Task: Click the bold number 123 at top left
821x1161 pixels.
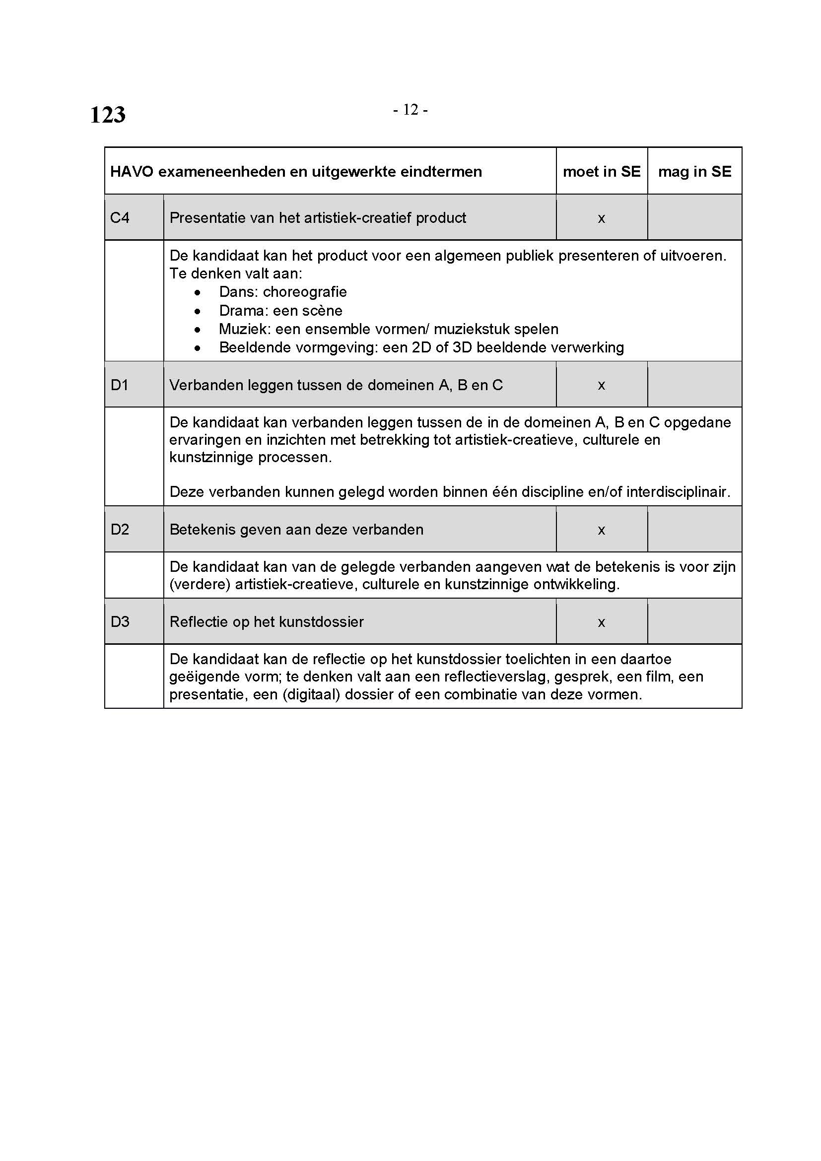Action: [x=108, y=115]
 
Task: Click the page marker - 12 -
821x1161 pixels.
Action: [x=410, y=110]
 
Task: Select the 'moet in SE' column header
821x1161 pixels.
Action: [x=602, y=172]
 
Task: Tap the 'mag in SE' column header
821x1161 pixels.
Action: [x=694, y=172]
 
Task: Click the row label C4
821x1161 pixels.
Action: [x=120, y=218]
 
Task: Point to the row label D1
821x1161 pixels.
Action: [x=119, y=385]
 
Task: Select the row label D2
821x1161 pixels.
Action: [x=120, y=530]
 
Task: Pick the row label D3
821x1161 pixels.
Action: [x=120, y=622]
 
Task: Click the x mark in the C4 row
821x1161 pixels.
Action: [x=602, y=218]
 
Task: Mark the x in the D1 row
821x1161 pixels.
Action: [x=602, y=386]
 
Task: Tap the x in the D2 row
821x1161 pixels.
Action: [x=602, y=531]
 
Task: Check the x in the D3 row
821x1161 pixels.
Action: [x=602, y=622]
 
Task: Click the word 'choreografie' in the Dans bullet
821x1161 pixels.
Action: [x=305, y=292]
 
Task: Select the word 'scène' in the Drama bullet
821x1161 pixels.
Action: [x=322, y=310]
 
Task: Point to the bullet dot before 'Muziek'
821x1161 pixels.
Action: [x=197, y=330]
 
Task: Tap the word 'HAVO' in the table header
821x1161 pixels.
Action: [x=132, y=172]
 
